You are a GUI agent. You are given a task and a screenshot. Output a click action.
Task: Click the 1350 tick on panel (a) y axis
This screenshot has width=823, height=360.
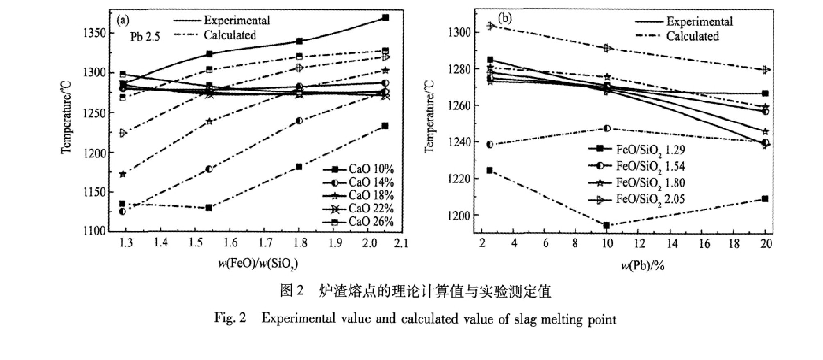(94, 33)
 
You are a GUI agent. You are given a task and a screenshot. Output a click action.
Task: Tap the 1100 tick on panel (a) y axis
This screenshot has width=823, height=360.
(94, 231)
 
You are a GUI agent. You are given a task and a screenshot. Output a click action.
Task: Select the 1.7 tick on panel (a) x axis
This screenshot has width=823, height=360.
(265, 243)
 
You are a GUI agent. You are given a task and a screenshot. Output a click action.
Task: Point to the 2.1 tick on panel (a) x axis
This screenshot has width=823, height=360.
(401, 243)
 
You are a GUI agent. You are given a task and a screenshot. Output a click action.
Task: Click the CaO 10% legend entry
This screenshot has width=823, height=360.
(359, 169)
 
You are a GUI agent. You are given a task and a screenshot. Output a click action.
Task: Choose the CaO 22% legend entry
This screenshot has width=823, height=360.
(359, 209)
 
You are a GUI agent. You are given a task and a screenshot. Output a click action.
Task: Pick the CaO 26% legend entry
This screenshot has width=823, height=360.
(359, 222)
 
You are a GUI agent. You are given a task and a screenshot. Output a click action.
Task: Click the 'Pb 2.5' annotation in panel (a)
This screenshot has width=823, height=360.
(145, 37)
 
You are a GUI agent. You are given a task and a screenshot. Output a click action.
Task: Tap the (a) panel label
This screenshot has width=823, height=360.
(123, 20)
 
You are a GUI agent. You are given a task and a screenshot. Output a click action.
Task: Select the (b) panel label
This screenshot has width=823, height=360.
(505, 18)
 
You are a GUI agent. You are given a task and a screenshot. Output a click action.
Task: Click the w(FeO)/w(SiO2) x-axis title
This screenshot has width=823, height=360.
(258, 264)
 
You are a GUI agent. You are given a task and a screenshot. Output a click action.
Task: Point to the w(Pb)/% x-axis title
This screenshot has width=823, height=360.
(643, 266)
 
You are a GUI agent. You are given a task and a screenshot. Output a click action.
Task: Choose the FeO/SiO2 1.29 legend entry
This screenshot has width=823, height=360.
(637, 150)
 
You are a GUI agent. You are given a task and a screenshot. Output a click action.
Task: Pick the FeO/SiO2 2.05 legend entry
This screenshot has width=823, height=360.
(637, 200)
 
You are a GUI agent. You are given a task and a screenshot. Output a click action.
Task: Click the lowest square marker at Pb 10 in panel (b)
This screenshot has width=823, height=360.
(606, 225)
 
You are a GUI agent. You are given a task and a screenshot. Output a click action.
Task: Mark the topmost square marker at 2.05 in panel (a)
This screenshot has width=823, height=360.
(385, 18)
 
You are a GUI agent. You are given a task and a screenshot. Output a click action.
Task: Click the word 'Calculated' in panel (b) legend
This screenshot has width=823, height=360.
(693, 36)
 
